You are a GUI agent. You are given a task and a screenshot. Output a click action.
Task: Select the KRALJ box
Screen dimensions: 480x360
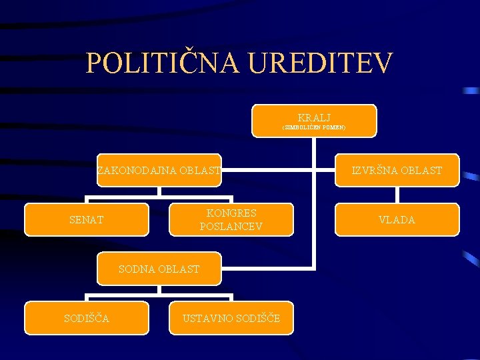(x=314, y=120)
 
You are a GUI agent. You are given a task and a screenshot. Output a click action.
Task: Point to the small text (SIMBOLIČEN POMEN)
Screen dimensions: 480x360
(x=314, y=127)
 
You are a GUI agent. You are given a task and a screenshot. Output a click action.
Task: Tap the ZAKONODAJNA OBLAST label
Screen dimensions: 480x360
(x=159, y=171)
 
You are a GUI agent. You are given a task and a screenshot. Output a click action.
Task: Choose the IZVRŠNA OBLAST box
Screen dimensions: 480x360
(x=397, y=171)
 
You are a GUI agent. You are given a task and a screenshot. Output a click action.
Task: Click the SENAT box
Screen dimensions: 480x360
(x=87, y=219)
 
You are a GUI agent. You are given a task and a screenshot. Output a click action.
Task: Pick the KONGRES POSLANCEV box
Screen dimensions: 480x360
(x=231, y=219)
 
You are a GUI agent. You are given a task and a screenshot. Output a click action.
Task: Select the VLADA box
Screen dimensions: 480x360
(x=397, y=219)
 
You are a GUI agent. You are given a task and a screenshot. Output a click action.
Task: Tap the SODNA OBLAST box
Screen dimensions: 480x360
(x=159, y=269)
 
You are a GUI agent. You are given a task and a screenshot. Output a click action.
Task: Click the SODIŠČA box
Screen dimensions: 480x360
(x=87, y=317)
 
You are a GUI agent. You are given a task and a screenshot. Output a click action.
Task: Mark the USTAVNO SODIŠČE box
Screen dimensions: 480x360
(x=231, y=317)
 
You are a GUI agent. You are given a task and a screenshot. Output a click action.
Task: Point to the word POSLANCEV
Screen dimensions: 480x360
(x=231, y=227)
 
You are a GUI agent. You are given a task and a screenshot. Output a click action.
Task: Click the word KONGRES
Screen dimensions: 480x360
(x=231, y=213)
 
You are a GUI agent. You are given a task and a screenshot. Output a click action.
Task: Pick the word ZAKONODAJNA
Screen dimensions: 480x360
(x=137, y=171)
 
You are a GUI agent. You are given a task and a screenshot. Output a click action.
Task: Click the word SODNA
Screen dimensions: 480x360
(x=135, y=269)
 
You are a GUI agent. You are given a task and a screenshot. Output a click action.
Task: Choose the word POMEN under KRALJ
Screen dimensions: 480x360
(x=333, y=127)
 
